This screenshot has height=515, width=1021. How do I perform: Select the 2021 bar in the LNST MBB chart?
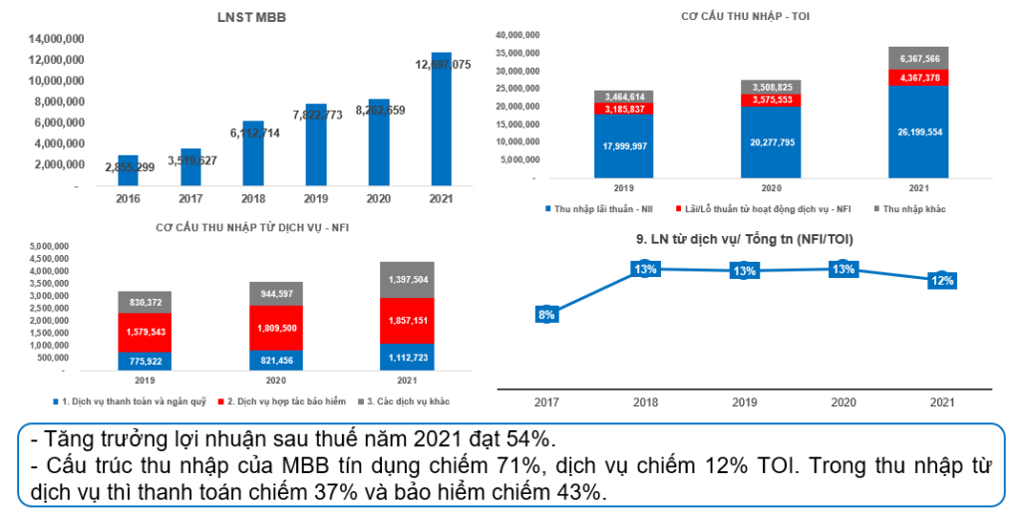[x=441, y=120]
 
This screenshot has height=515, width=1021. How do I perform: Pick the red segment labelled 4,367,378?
[x=911, y=77]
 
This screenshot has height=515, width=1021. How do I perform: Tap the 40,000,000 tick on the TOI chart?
[x=516, y=35]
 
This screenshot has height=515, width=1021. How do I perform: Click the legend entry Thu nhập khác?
[x=909, y=209]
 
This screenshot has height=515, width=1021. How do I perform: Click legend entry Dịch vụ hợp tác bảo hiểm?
[x=283, y=400]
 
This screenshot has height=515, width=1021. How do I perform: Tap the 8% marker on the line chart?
[x=546, y=315]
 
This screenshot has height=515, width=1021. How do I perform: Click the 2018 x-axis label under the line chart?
[x=645, y=401]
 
